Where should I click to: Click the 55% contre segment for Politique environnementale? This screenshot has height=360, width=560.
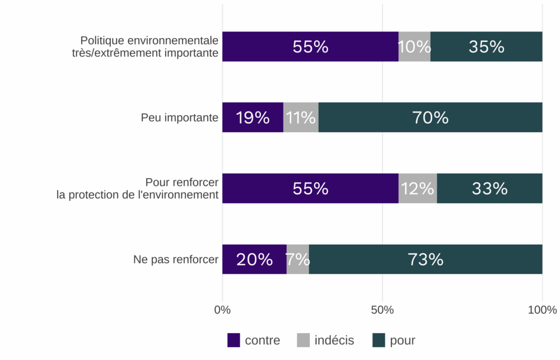[310, 46]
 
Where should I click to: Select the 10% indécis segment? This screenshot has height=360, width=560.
[414, 46]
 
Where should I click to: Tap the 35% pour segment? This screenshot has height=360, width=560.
[486, 46]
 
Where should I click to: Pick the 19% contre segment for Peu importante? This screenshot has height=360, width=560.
[253, 118]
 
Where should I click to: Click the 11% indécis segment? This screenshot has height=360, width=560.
[301, 118]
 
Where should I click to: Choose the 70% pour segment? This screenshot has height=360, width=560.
[430, 118]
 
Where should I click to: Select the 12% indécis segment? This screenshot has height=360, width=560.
[417, 188]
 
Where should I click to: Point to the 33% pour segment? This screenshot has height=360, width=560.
[489, 188]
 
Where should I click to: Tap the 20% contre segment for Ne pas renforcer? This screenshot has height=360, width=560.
[254, 259]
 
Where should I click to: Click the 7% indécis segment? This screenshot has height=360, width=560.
[297, 259]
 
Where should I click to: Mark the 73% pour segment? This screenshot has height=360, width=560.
[426, 259]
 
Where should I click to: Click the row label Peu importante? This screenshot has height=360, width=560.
[179, 118]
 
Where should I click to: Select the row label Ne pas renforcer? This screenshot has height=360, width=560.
[175, 259]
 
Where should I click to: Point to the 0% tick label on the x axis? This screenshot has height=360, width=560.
[222, 310]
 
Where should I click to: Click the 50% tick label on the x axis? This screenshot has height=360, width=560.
[382, 310]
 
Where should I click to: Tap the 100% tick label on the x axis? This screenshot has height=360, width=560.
[542, 310]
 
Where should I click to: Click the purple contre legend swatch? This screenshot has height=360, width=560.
[234, 340]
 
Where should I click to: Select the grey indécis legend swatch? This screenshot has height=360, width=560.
[303, 340]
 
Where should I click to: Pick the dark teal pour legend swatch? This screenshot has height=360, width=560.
[379, 340]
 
